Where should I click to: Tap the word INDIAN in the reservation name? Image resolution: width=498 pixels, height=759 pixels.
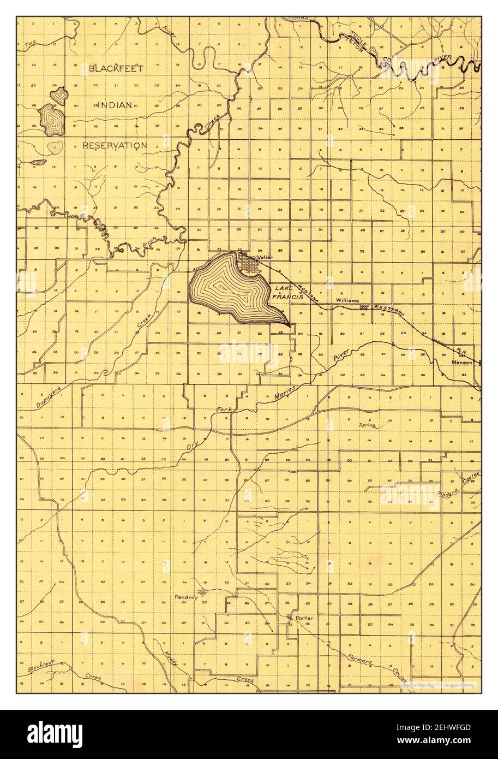click(x=115, y=105)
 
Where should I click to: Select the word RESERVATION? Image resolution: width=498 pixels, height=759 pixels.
click(x=115, y=145)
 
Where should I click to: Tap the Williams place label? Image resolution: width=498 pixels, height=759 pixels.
click(x=347, y=300)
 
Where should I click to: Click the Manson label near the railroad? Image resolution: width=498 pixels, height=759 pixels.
click(x=461, y=362)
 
